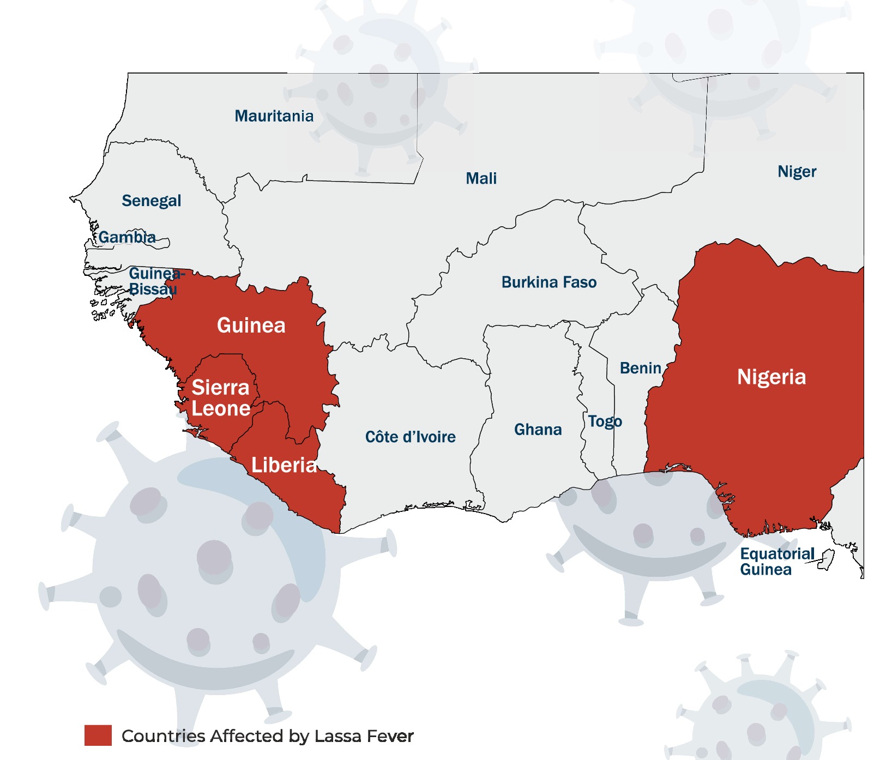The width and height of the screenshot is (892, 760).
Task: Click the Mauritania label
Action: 274,116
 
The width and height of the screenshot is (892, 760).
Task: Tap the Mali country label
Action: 481,178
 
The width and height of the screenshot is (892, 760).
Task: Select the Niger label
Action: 797,172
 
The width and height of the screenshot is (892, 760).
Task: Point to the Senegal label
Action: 151,201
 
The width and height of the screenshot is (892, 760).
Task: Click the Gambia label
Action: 127,237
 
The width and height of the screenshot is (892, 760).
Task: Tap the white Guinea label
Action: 251,325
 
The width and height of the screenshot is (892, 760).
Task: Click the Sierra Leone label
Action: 220,398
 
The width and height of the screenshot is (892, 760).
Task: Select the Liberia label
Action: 284,465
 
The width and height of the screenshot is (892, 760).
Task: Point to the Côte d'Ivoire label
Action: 410,437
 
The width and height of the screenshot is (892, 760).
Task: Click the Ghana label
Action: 538,430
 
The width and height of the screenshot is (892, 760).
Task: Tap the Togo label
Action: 605,421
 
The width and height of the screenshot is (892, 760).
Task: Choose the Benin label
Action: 640,368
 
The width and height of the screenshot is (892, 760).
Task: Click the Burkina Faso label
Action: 549,282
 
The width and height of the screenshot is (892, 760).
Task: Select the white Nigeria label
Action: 771,377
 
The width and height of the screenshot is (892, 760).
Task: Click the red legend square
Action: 98,735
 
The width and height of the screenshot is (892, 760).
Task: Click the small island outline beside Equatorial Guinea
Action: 827,560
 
